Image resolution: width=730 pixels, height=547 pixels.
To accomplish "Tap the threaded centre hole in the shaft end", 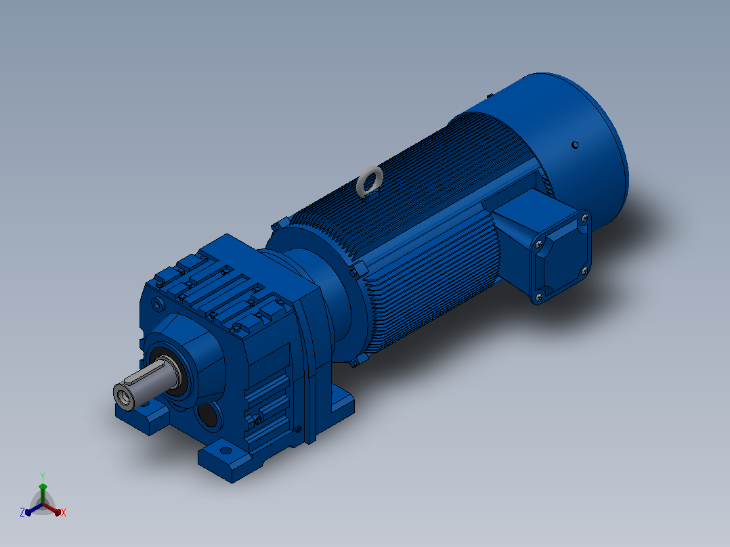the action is (x=123, y=397).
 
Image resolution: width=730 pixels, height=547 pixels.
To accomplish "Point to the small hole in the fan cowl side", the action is (x=575, y=145).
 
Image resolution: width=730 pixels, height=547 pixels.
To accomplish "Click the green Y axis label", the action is (x=43, y=476).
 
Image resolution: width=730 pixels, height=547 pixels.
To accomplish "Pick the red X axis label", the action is (x=64, y=512).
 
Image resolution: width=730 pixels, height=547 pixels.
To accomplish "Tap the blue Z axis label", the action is (x=22, y=512).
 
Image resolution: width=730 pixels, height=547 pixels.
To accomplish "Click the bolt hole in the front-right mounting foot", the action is (x=226, y=450).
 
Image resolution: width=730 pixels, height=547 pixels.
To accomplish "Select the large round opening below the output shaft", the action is (x=208, y=414).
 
